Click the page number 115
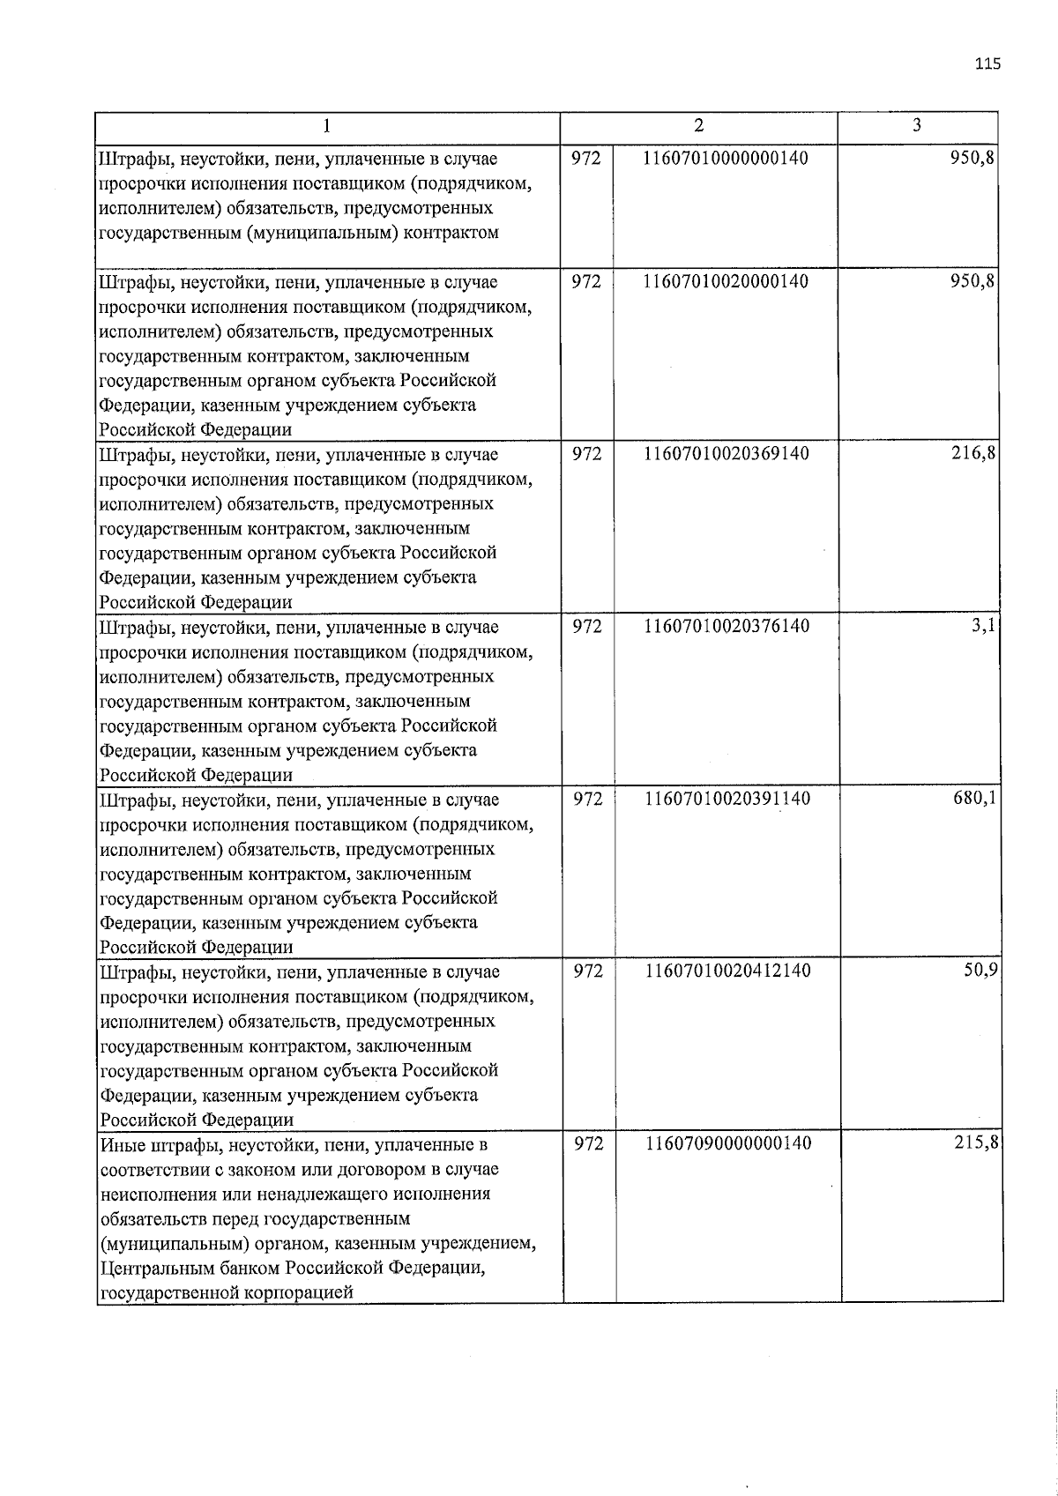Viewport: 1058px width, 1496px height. pyautogui.click(x=987, y=63)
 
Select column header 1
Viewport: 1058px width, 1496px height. pyautogui.click(x=327, y=127)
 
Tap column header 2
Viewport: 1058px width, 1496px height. pyautogui.click(x=698, y=125)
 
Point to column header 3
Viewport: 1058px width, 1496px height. pyautogui.click(x=917, y=125)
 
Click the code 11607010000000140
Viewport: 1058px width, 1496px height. pyautogui.click(x=726, y=158)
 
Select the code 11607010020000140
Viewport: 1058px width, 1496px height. pyautogui.click(x=726, y=281)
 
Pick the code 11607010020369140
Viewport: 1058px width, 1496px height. pyautogui.click(x=726, y=453)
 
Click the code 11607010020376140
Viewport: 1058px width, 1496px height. pyautogui.click(x=726, y=626)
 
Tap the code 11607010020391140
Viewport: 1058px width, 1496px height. pyautogui.click(x=727, y=798)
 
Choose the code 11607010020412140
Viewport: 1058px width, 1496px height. pyautogui.click(x=727, y=971)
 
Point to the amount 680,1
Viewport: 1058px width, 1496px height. pyautogui.click(x=975, y=798)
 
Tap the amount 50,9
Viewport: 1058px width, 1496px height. pyautogui.click(x=980, y=971)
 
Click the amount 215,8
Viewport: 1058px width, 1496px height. pyautogui.click(x=976, y=1143)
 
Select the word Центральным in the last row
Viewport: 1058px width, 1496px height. pyautogui.click(x=154, y=1269)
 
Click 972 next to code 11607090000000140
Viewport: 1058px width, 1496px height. pyautogui.click(x=588, y=1143)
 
